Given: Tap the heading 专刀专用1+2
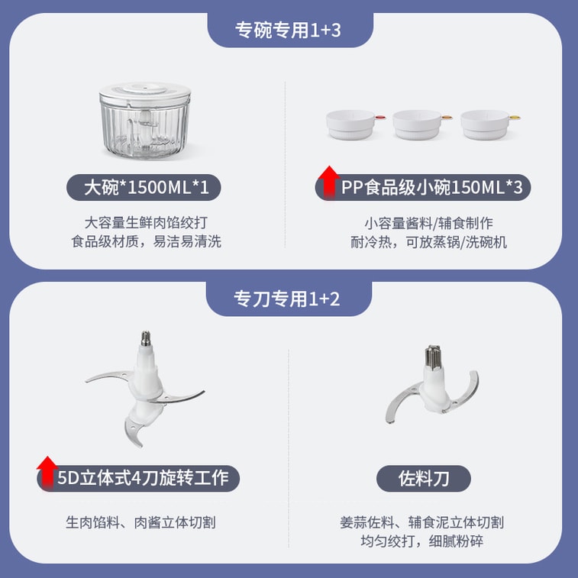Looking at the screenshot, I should pos(289,299).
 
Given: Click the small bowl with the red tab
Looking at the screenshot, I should pos(350,124).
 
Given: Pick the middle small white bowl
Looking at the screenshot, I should pos(416,124).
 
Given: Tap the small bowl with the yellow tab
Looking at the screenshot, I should pos(485,124).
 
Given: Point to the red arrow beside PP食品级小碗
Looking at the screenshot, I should pos(329,183).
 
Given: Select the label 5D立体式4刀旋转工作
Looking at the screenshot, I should pos(143,479).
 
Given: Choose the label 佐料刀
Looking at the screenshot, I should pos(424,479).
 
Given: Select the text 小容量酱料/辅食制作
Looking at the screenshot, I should pos(428,224).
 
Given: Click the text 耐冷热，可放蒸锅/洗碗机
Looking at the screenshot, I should pos(428,242).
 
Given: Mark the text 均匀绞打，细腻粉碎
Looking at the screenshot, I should pos(422,541).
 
